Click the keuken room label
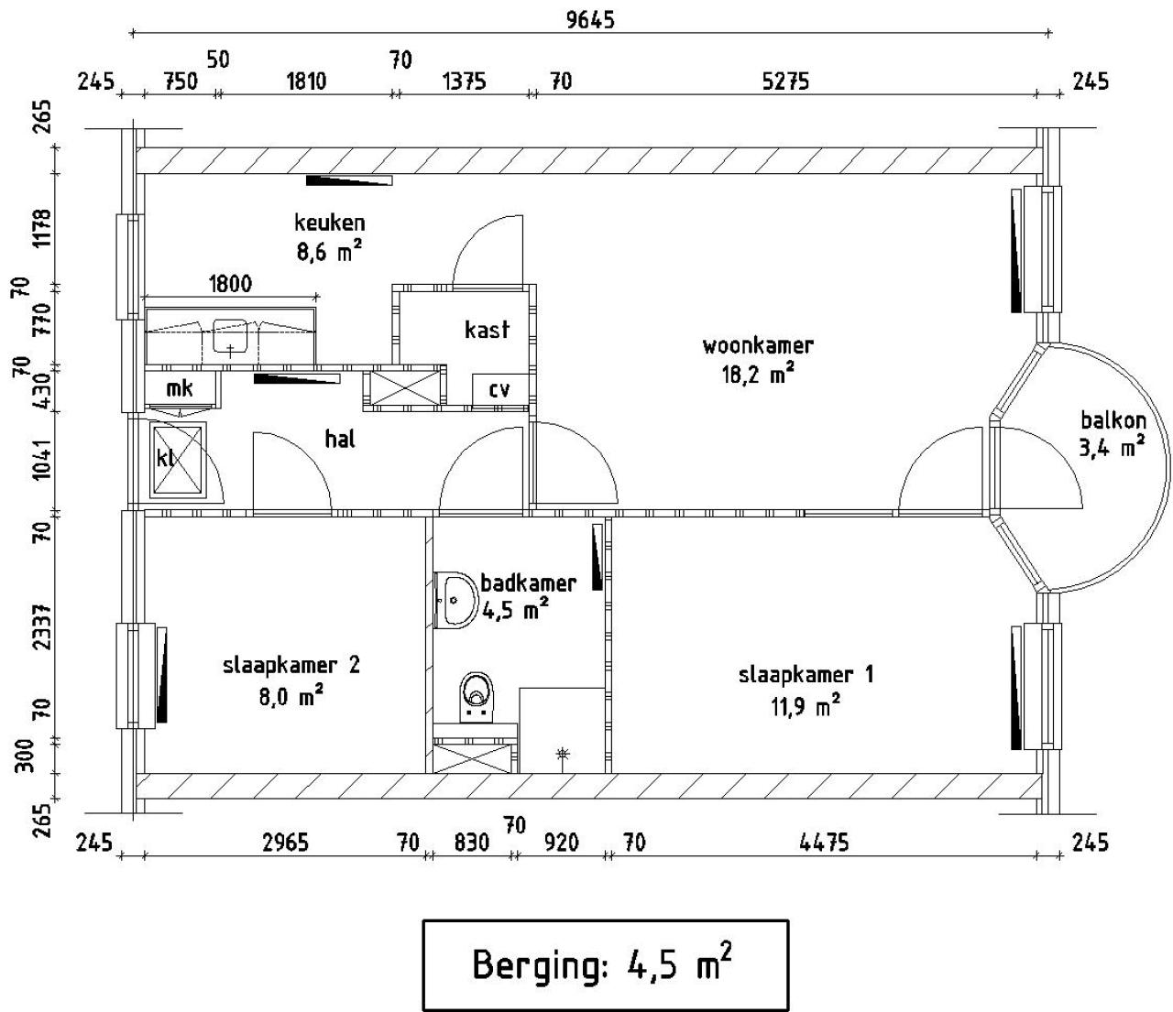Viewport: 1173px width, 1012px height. (329, 223)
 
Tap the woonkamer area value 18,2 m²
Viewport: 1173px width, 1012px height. (757, 375)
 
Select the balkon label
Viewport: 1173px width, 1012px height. (1113, 420)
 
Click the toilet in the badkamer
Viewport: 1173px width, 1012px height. (476, 693)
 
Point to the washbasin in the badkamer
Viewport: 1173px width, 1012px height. (455, 600)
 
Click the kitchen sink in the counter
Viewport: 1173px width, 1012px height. (230, 335)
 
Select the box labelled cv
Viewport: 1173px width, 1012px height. (499, 389)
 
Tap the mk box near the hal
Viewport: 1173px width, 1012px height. (180, 389)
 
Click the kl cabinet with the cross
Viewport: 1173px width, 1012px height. (178, 459)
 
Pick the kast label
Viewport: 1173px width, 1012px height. (487, 330)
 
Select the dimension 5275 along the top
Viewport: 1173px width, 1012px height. (785, 82)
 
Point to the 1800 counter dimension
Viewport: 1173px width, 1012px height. (230, 283)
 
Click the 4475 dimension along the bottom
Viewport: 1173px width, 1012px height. (823, 842)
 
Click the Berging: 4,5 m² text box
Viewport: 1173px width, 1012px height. (605, 964)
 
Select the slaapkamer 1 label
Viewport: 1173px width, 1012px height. (806, 675)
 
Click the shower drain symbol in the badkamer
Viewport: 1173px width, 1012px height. (563, 754)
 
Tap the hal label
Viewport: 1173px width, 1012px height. (340, 439)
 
